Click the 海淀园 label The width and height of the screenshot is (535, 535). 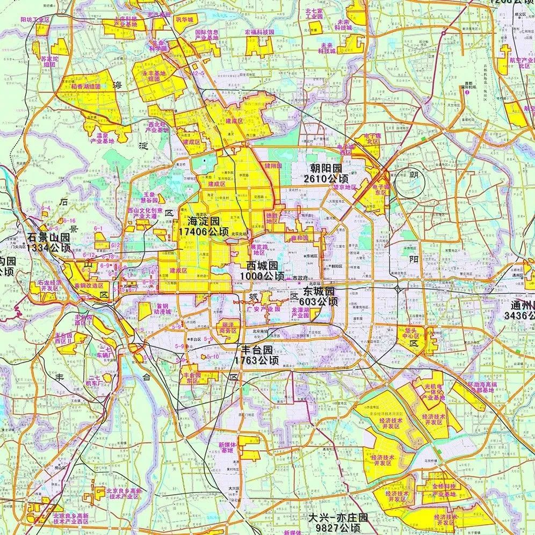tap(204, 221)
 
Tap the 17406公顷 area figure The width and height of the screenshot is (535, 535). tap(204, 232)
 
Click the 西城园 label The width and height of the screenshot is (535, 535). tap(262, 265)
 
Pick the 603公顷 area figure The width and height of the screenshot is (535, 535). tap(320, 302)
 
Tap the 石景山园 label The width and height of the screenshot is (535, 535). tap(49, 237)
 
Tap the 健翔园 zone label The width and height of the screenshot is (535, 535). tap(273, 166)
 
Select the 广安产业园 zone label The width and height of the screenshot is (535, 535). tap(260, 309)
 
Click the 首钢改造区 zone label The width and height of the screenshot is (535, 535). tap(89, 286)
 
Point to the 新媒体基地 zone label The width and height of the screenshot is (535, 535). tap(228, 447)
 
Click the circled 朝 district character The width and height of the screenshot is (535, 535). tap(413, 175)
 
